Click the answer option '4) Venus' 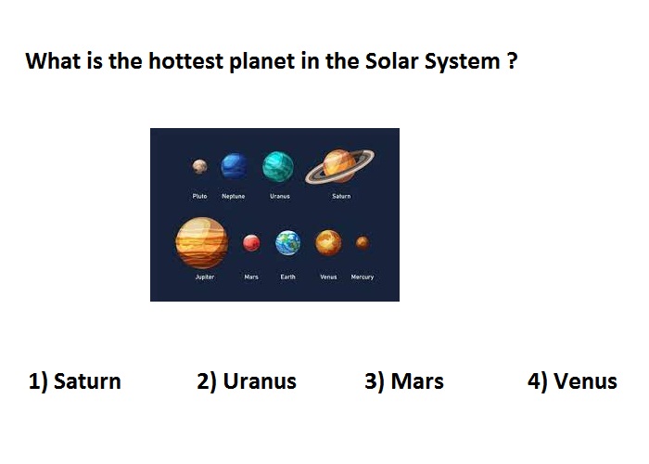pos(572,381)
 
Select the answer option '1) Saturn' pos(75,381)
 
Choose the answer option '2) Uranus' pos(247,381)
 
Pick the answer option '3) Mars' pos(404,381)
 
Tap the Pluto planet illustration pos(199,166)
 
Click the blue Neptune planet pos(235,166)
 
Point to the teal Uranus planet pos(278,166)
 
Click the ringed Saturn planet pos(340,166)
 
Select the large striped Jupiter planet pos(202,243)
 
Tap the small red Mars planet pos(251,243)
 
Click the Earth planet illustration pos(288,243)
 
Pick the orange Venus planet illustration pos(328,243)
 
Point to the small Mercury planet pos(363,242)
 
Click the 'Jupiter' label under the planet pos(205,277)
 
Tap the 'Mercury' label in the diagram pos(363,277)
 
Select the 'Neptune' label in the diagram pos(234,196)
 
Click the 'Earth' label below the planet pos(287,277)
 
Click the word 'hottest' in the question pos(186,61)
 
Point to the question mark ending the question pos(512,61)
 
